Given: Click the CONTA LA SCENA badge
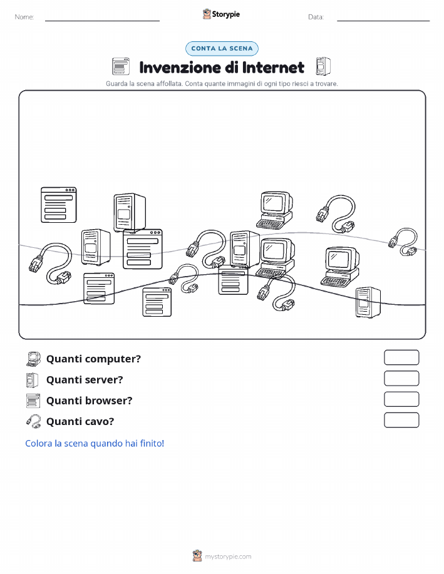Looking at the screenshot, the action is (222, 48).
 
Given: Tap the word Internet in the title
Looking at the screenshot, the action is (273, 68).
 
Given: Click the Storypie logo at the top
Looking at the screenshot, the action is (221, 14).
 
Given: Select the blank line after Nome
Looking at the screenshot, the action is (102, 21).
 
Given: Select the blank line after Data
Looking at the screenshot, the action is (383, 21).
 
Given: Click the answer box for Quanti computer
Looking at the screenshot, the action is (401, 357).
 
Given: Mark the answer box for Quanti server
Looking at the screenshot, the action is (401, 379).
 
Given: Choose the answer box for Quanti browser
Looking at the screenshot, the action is (401, 399).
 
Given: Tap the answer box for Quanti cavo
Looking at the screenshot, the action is (401, 420).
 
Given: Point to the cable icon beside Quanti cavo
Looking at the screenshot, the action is (33, 421).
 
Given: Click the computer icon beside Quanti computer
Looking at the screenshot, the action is (33, 359).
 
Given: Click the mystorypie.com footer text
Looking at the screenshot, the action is (228, 556).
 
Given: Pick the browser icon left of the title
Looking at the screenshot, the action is (121, 66).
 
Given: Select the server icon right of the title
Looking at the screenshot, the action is (323, 66).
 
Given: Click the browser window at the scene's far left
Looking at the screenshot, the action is (59, 205).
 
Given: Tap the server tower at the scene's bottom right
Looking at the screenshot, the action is (368, 302).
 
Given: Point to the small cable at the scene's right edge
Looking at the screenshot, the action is (403, 242).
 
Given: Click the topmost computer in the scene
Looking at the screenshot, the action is (276, 210).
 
